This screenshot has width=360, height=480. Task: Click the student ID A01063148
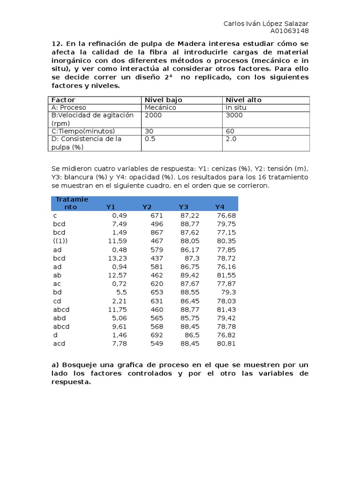coord(289,31)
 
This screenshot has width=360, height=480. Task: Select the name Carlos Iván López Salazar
coord(266,23)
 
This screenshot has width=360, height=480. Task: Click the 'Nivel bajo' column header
coord(163,100)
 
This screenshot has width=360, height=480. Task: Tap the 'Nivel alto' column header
coord(244,100)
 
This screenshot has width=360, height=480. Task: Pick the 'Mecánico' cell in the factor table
coord(160,107)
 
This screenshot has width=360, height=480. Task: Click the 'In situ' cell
coord(236,107)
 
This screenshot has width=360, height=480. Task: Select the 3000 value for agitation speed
coord(234,115)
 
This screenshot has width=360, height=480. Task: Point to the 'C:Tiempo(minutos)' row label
coord(83,131)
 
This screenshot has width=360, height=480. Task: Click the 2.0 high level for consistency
coord(231,139)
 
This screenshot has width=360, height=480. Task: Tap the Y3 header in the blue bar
coord(183,207)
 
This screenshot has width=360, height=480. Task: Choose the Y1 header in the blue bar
coord(111,207)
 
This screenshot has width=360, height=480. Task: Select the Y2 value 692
coord(157,335)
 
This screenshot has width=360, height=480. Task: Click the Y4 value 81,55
coord(226,275)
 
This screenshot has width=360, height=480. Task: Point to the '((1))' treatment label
coord(60,241)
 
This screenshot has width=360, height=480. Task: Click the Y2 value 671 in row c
coord(157,215)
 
